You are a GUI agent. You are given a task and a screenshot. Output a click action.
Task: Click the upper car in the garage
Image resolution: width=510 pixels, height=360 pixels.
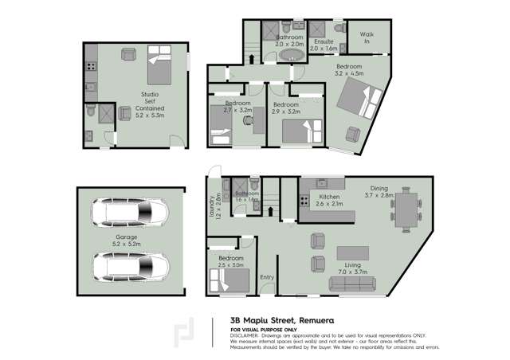click(131, 213)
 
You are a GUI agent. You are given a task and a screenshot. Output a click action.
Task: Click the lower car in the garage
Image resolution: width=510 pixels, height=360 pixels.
click(131, 266)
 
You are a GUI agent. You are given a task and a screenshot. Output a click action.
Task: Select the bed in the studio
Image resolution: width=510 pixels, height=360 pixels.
click(159, 65)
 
